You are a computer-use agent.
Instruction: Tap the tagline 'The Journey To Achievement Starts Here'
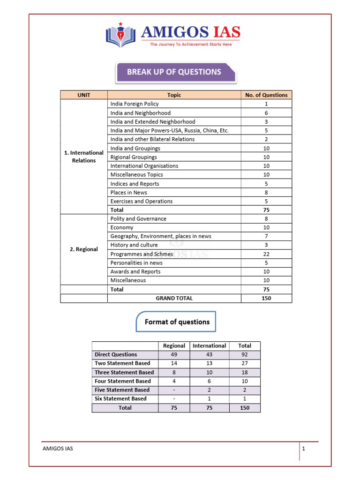190,45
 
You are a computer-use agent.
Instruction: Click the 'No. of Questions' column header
266,95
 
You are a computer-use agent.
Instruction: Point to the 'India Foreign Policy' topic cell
135,104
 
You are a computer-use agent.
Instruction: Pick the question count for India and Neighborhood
266,113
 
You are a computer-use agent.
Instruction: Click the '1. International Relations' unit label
84,157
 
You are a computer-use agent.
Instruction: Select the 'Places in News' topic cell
129,193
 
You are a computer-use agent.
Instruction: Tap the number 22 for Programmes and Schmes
266,254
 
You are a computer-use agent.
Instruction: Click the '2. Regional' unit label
84,249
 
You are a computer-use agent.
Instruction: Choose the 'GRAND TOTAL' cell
174,298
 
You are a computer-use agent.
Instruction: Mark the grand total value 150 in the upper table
266,298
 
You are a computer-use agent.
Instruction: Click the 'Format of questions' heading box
177,322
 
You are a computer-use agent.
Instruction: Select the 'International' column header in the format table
209,346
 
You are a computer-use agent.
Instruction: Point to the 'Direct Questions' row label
116,355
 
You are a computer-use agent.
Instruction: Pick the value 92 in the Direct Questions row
245,355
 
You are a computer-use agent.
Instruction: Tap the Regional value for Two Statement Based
174,363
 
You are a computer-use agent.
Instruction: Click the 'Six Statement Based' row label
120,399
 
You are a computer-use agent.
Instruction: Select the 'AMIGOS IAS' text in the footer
58,449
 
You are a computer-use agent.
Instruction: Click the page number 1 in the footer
304,449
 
